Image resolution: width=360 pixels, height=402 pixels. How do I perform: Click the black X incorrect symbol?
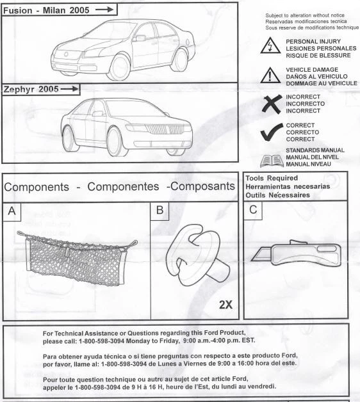[271, 104]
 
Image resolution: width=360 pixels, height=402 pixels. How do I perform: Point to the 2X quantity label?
[225, 305]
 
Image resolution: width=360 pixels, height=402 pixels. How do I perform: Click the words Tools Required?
[272, 177]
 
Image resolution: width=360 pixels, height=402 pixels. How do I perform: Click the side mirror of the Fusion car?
[140, 38]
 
